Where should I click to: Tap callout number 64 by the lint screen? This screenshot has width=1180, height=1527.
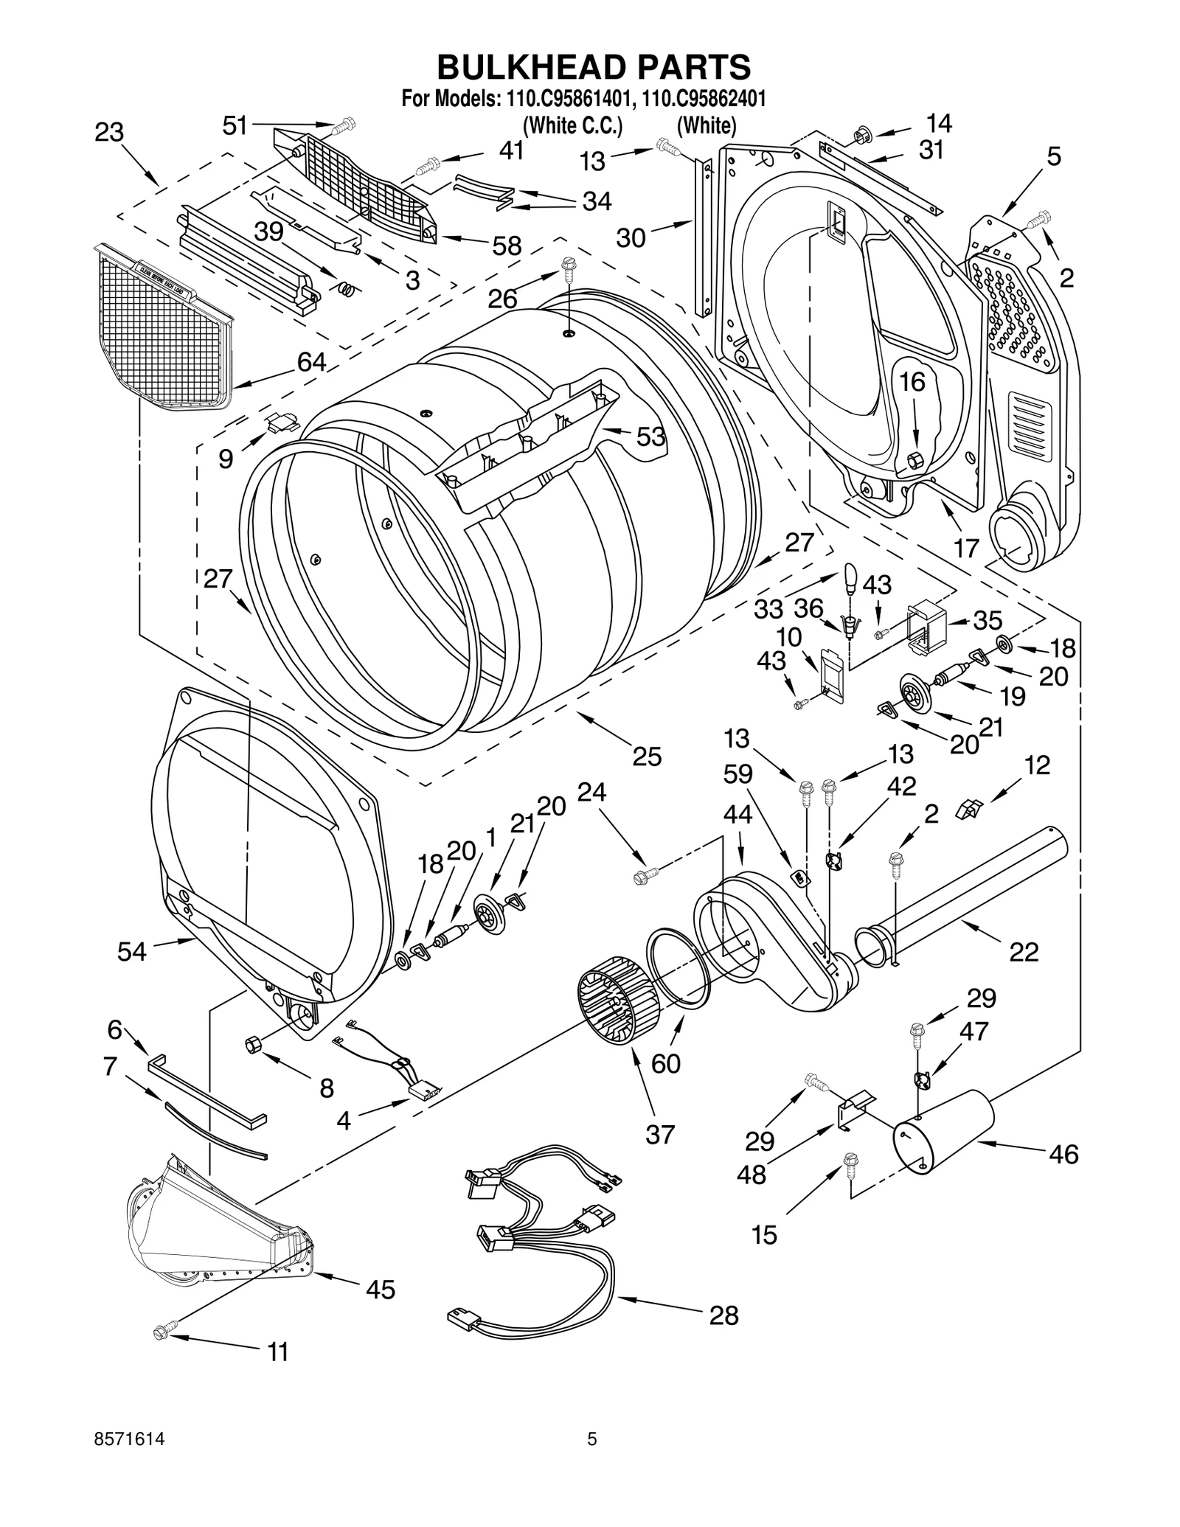pos(311,362)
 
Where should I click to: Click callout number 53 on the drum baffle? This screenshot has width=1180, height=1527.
pos(650,436)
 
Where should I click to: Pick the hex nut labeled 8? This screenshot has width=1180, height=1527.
pos(251,1044)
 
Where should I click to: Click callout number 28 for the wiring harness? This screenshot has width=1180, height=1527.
pos(723,1315)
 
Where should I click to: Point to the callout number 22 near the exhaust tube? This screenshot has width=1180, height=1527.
pos(1023,952)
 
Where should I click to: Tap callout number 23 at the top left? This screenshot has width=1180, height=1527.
pos(109,133)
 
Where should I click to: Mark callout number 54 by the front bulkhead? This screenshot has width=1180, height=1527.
pos(133,951)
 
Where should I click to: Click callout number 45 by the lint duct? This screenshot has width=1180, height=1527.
pos(381,1289)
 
